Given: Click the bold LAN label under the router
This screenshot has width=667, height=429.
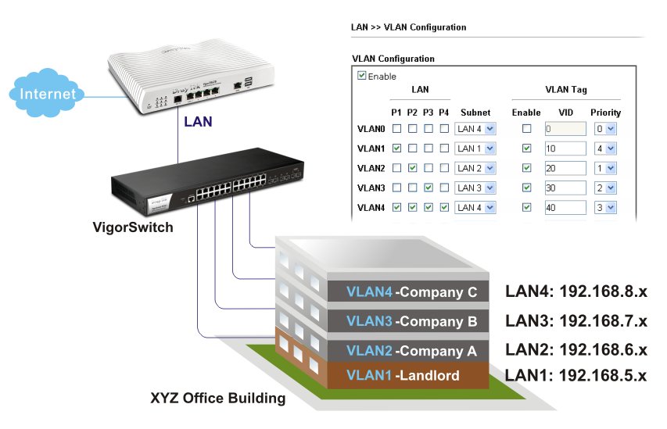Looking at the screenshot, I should [x=198, y=122].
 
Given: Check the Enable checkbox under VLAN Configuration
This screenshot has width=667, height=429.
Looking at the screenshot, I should [x=361, y=76].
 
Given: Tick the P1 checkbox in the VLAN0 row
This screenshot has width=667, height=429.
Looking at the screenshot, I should [x=396, y=128].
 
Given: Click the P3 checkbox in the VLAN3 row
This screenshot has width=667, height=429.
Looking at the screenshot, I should [x=428, y=188].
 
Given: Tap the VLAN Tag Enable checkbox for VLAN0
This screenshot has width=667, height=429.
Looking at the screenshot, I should [x=526, y=128].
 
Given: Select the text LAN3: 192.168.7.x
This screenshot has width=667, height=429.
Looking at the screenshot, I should [x=576, y=321].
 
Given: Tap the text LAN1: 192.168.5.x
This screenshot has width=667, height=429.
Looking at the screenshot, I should [x=576, y=375].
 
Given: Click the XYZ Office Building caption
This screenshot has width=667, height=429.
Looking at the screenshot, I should [x=217, y=399].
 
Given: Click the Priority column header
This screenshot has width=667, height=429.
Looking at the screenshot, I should [x=605, y=113].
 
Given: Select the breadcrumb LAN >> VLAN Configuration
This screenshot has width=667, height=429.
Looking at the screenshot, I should [x=409, y=27].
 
